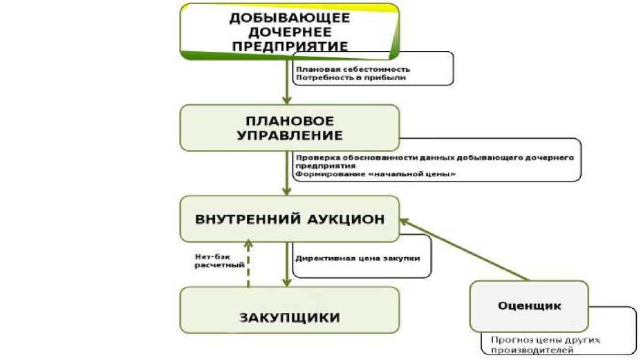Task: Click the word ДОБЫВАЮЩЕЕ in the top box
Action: click(x=290, y=18)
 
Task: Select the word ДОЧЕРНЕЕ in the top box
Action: click(x=290, y=32)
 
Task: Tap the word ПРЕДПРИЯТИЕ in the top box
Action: click(x=290, y=47)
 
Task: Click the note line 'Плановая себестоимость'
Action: click(x=353, y=69)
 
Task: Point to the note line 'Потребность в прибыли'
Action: click(x=351, y=78)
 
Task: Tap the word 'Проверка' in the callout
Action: click(x=314, y=158)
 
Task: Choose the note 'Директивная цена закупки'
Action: click(x=357, y=258)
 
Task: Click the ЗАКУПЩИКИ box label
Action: click(x=290, y=318)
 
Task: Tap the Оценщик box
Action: click(x=529, y=305)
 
